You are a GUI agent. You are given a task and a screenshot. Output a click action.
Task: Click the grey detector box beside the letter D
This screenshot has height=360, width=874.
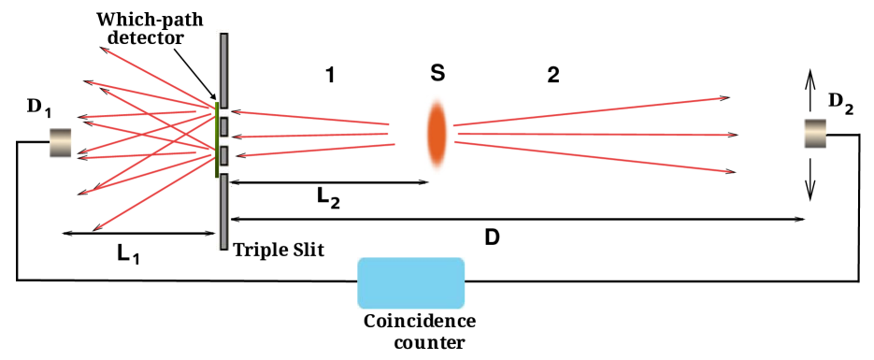61,143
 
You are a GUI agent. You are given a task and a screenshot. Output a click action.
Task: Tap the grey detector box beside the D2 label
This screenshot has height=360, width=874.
815,134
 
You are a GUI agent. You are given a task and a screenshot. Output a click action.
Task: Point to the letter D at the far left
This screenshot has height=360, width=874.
34,107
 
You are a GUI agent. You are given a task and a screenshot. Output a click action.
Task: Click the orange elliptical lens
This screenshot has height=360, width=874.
437,135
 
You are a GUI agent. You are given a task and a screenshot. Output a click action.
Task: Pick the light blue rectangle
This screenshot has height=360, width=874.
411,283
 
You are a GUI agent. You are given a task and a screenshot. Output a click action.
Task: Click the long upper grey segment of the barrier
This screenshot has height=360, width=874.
224,70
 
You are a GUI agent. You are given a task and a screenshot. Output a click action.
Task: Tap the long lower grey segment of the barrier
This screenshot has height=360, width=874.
224,212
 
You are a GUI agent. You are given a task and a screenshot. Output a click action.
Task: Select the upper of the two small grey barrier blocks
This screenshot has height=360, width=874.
224,126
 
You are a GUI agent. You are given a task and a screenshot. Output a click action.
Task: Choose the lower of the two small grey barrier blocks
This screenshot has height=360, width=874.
224,155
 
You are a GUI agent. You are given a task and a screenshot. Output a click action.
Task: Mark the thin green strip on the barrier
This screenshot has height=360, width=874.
217,140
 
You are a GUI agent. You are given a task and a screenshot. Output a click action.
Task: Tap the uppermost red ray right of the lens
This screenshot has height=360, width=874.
589,111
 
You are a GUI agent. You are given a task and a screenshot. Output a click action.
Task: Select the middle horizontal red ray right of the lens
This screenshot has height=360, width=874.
598,135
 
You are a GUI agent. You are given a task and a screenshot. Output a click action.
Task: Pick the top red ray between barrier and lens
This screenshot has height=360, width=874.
308,117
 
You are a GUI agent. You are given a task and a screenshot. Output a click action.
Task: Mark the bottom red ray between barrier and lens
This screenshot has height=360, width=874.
318,150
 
